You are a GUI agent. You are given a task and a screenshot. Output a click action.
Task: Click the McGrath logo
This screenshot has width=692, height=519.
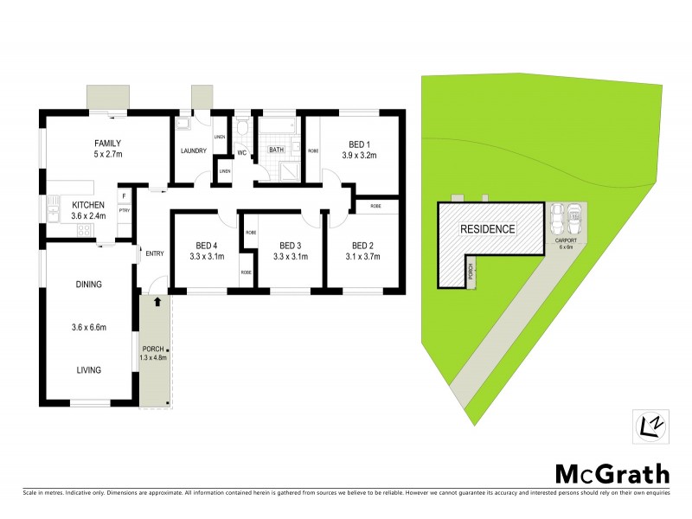click(x=612, y=473)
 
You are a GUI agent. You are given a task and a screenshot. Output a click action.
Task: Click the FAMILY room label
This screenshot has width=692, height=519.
click(x=107, y=144)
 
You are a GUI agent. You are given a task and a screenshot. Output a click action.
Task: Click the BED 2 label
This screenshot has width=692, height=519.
click(x=362, y=244)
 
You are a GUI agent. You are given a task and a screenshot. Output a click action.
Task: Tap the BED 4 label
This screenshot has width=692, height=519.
click(x=208, y=244)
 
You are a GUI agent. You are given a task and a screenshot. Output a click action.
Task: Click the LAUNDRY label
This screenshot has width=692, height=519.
click(x=193, y=151)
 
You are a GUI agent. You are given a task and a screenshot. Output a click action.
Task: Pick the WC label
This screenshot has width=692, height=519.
click(x=243, y=153)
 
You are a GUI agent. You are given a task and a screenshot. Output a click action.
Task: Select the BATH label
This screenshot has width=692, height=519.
click(x=276, y=150)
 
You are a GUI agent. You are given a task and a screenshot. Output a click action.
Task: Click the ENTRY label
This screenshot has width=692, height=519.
click(x=155, y=253)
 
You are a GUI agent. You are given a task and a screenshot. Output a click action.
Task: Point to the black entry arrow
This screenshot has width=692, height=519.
click(x=157, y=303)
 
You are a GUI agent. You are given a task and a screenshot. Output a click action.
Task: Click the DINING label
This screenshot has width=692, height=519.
click(x=88, y=284)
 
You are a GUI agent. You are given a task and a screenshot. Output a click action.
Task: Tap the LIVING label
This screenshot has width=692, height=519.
click(x=88, y=369)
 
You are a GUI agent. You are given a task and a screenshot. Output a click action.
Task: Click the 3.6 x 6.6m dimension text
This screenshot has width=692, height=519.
click(x=88, y=327)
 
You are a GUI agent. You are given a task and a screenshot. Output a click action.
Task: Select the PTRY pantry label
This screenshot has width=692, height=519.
click(x=124, y=210)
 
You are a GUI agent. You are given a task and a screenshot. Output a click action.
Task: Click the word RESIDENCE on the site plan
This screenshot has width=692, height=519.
click(x=487, y=229)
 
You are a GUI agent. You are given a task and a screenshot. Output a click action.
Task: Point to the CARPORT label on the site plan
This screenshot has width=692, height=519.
click(x=567, y=241)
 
